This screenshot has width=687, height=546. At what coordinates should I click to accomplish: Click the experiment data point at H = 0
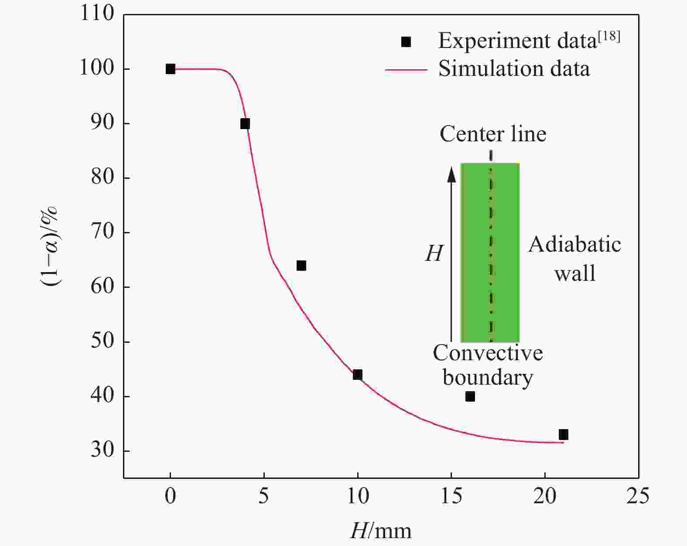click(x=170, y=69)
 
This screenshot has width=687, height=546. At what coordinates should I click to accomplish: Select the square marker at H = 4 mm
click(x=245, y=124)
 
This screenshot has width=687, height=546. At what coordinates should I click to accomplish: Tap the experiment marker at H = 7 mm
click(x=301, y=266)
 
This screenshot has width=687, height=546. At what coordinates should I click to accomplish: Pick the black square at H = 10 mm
click(x=358, y=375)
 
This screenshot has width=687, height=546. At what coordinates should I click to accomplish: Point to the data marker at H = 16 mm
click(x=470, y=396)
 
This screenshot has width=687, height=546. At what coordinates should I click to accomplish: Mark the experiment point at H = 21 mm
click(x=564, y=434)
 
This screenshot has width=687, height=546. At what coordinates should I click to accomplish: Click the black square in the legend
click(x=406, y=42)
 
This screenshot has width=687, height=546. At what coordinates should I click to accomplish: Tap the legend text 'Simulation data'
click(x=514, y=69)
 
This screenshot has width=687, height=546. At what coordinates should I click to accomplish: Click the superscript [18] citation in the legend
click(x=609, y=37)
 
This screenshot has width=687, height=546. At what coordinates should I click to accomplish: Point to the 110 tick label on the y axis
click(x=97, y=14)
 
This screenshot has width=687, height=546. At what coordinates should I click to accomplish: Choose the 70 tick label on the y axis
click(x=103, y=232)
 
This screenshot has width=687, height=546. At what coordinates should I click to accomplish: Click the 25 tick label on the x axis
click(x=638, y=496)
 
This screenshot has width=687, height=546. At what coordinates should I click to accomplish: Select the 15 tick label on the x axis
click(x=451, y=496)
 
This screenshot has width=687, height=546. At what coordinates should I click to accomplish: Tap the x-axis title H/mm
click(x=380, y=531)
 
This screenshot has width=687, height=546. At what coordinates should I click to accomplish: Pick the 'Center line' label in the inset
click(x=493, y=134)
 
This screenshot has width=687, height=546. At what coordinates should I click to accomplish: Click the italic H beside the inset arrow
click(x=434, y=253)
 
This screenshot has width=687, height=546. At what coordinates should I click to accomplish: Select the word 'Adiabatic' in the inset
click(x=575, y=245)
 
